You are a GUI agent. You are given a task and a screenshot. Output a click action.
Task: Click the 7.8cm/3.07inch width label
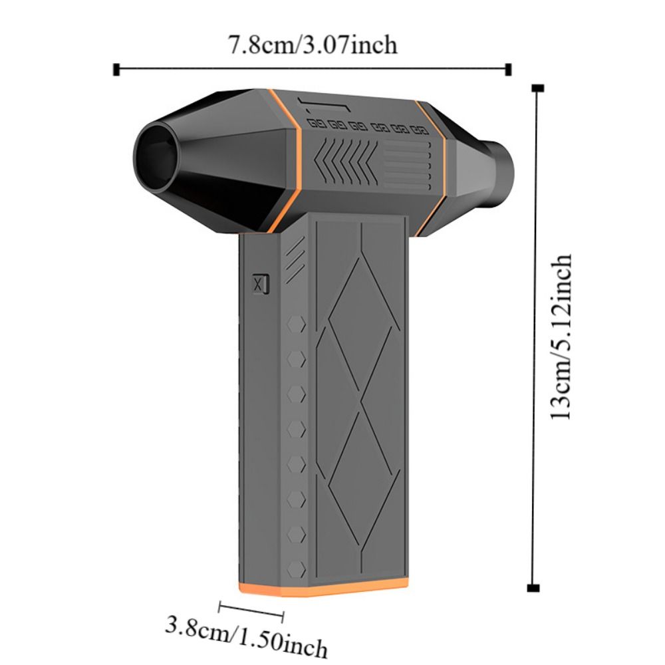pos(313,45)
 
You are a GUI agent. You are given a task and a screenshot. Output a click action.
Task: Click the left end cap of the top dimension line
pos(116,70)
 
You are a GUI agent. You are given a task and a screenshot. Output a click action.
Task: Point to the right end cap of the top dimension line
pos(509,70)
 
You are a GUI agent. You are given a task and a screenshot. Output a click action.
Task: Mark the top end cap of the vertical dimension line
pos(538,88)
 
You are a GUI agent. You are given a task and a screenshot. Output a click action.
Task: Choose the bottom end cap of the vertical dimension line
pos(533,588)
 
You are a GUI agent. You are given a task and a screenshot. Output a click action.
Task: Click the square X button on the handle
pos(261,284)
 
